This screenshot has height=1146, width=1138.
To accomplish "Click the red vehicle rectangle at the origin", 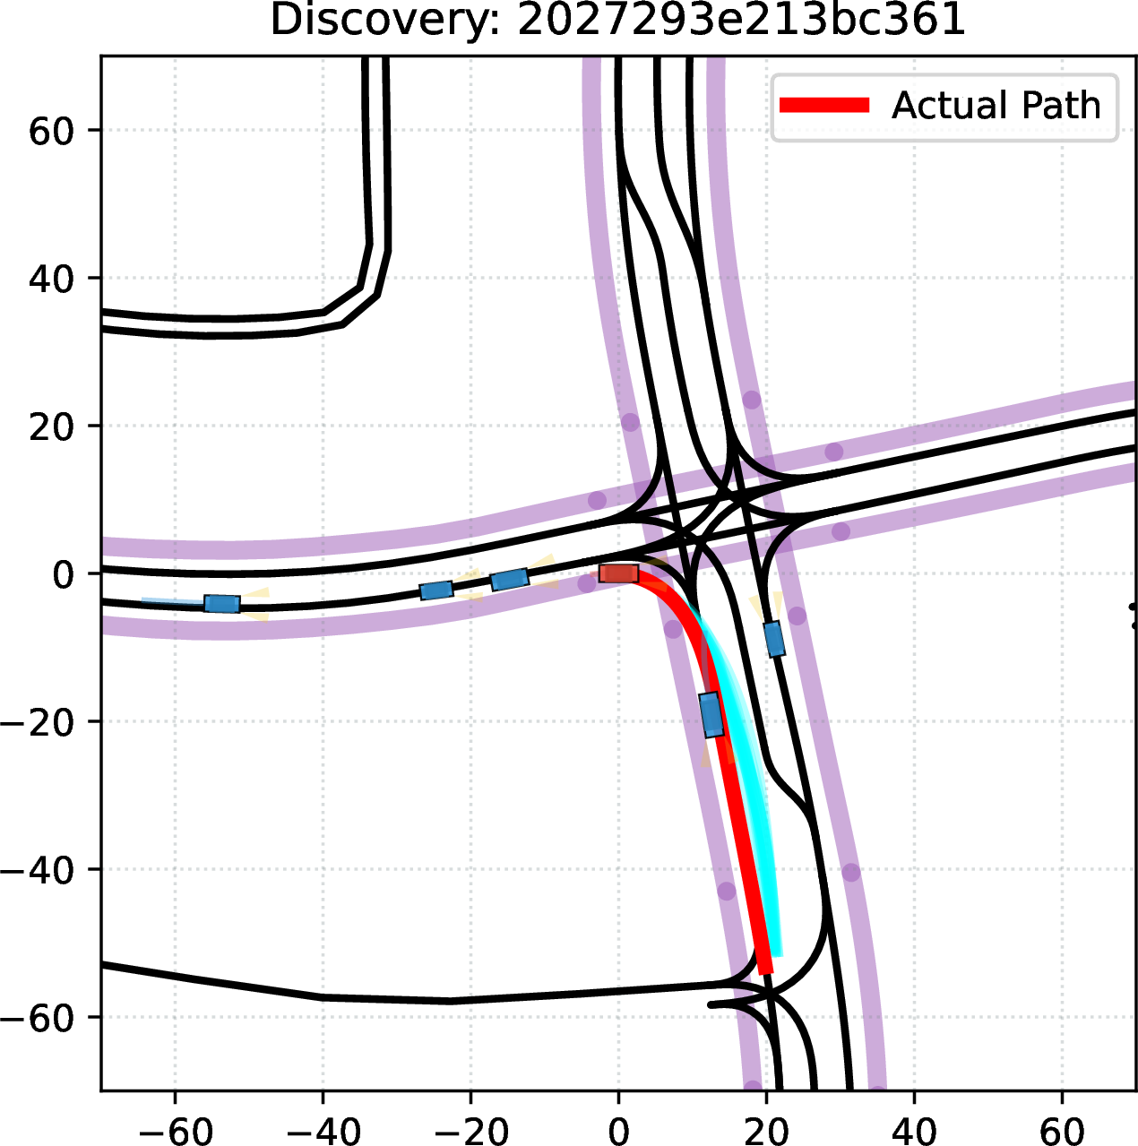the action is click(618, 573).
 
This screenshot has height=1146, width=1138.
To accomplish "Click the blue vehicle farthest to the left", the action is click(222, 604).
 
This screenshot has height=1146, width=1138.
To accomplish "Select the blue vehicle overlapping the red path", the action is click(711, 714).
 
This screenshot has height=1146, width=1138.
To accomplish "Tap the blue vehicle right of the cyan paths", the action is click(774, 640).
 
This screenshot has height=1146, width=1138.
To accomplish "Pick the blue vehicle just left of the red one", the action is click(510, 579).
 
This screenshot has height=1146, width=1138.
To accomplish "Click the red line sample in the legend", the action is click(824, 105).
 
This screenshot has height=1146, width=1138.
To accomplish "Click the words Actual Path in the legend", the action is click(996, 105).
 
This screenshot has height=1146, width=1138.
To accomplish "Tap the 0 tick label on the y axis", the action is click(63, 573).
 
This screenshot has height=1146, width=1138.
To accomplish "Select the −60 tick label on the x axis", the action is click(176, 1129).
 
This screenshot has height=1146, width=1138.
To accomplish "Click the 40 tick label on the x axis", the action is click(914, 1129).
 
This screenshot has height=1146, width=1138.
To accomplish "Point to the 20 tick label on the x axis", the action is click(766, 1129).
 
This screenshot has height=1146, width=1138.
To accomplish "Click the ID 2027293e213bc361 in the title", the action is click(741, 20).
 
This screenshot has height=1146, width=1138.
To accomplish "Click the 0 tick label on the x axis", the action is click(618, 1129).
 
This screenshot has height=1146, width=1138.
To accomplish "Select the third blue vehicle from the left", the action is click(510, 579).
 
